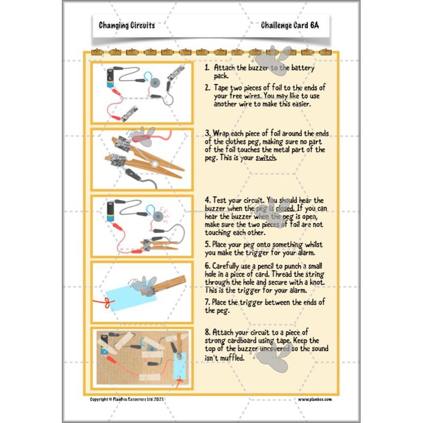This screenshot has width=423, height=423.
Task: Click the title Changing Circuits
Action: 127,25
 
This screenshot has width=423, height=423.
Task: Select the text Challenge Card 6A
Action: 290,25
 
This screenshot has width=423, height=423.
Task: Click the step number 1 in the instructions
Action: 207,69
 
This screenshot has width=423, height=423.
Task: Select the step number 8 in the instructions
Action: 207,333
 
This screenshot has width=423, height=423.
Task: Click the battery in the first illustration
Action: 112,78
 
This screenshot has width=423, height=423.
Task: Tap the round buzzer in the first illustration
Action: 155,82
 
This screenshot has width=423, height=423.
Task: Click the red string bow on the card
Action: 106,303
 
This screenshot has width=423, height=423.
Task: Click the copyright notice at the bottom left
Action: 135,399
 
